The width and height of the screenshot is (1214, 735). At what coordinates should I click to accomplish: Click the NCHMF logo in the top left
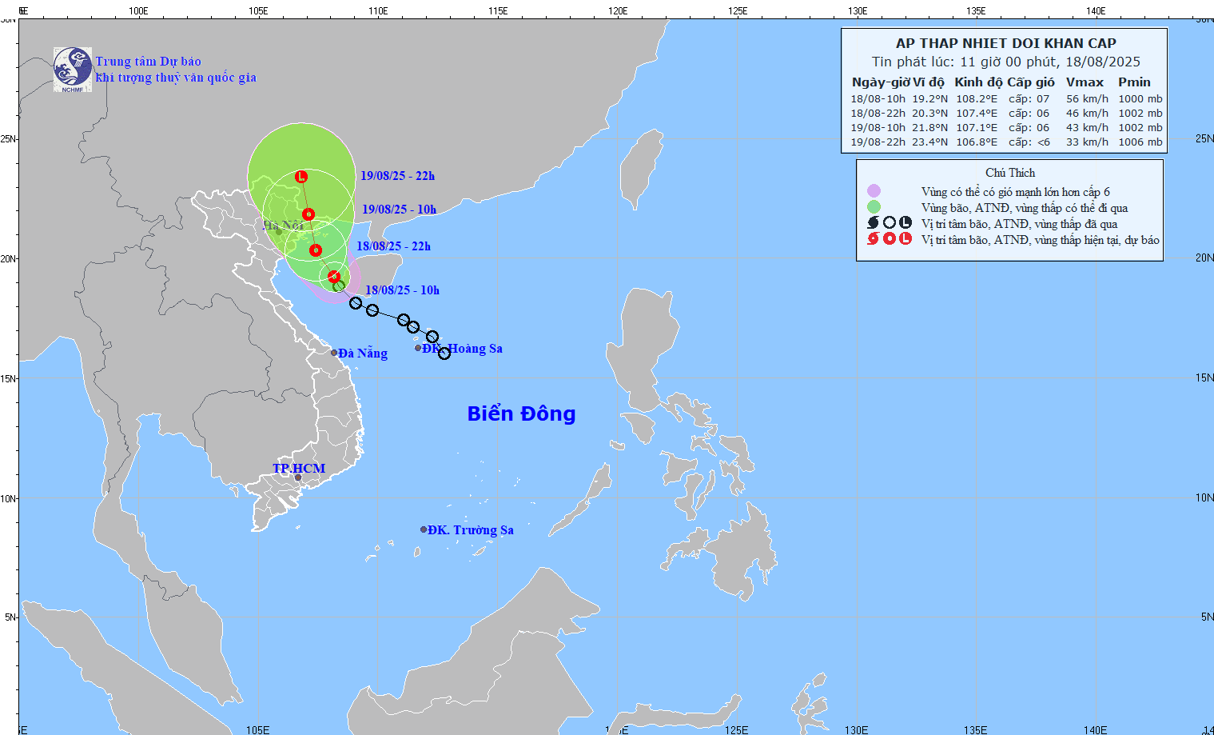point(73,70)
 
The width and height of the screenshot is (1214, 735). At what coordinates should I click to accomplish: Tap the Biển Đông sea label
point(521,413)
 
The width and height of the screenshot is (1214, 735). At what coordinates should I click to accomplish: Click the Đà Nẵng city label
point(362,353)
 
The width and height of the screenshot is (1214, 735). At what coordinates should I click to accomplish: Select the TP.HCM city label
point(299,468)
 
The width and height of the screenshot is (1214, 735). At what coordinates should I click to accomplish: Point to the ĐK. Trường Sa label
point(470,529)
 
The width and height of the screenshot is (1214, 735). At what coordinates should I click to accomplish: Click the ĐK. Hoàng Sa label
point(463,348)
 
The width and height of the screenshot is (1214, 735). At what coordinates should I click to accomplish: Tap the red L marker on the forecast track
point(301,176)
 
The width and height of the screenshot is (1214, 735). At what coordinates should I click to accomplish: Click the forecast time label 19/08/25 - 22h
point(397,176)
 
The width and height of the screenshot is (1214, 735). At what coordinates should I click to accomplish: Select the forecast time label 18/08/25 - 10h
point(402,290)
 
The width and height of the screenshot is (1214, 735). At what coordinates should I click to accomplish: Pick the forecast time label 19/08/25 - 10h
point(399,210)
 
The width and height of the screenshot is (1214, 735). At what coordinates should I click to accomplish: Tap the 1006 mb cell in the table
point(1140,142)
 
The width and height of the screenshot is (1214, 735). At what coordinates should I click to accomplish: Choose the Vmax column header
point(1085,82)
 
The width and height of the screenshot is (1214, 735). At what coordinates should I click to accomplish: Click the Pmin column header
point(1134,82)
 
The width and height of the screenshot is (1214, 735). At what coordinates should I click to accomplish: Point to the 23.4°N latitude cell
point(929,142)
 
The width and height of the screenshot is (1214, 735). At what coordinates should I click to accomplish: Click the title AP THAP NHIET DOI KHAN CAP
point(1005,43)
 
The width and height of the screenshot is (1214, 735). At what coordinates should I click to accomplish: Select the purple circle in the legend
point(874,191)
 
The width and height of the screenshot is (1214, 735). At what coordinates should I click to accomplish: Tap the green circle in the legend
point(874,207)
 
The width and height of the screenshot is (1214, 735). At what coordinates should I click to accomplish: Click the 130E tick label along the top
point(857,10)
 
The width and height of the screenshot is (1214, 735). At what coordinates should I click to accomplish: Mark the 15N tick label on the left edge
point(8,378)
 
